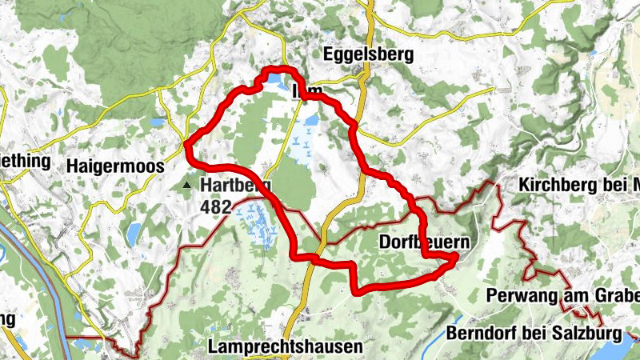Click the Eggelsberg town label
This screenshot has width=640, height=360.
tap(370, 55)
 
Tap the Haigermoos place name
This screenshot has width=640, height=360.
tap(116, 166)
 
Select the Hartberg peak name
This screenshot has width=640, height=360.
tap(235, 186)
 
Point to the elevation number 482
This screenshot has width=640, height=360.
tap(216, 207)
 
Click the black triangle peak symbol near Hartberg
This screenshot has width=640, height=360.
tap(186, 186)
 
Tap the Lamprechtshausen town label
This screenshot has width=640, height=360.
tap(284, 347)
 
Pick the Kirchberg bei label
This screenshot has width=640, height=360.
tap(578, 184)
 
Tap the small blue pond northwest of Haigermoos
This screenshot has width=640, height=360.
tap(155, 122)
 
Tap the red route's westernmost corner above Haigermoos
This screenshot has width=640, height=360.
tap(186, 145)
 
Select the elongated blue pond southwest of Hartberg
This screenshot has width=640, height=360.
tap(133, 234)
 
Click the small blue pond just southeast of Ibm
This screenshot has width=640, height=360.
tap(310, 121)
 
